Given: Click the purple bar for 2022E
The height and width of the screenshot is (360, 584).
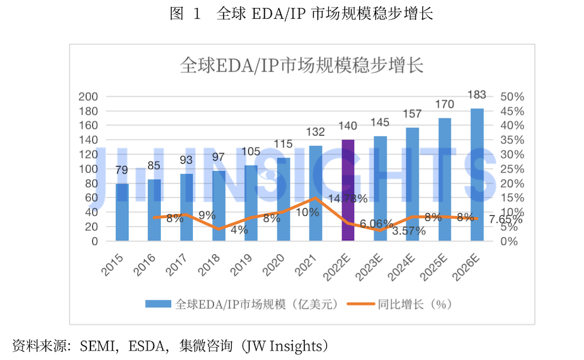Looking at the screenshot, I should point(347,190).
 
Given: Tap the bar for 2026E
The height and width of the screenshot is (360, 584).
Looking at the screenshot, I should point(477,174).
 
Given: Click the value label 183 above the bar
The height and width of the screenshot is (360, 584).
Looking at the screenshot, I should point(477,95).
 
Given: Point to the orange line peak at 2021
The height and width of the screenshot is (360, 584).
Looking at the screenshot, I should point(315,198).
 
